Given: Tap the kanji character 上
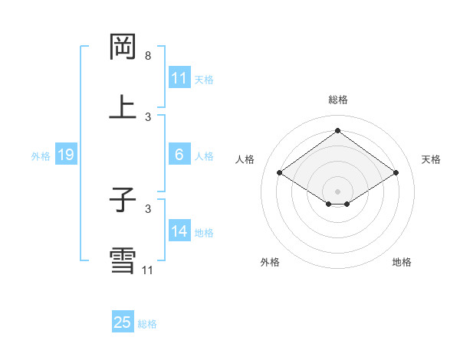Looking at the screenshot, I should pos(123,107).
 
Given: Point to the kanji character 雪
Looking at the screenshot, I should pos(123,260).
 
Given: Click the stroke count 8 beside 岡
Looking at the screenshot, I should pos(148,56).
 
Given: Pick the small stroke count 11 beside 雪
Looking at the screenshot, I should pos(148,270).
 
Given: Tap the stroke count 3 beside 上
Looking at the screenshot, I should pos(148,116).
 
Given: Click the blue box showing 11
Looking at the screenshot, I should pos(179,77).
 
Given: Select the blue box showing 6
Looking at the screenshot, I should pos(179,155).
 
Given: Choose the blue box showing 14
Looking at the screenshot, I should pos(179,231).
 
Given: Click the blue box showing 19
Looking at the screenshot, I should pos(66,155).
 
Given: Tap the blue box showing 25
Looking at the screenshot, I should pos(123,322).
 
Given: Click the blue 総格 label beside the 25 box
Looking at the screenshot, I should pos(148,324).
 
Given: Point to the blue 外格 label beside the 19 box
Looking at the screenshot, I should pos(41,155).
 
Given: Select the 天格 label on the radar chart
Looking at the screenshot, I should pos(431,159).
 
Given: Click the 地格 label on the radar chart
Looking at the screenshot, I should pos(402,262).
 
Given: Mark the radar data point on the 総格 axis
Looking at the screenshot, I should pos(337,130).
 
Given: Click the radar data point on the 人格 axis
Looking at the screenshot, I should pos(280,173).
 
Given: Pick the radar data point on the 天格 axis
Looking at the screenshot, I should pos(396,173).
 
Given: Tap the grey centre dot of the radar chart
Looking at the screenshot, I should pos(337,190).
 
